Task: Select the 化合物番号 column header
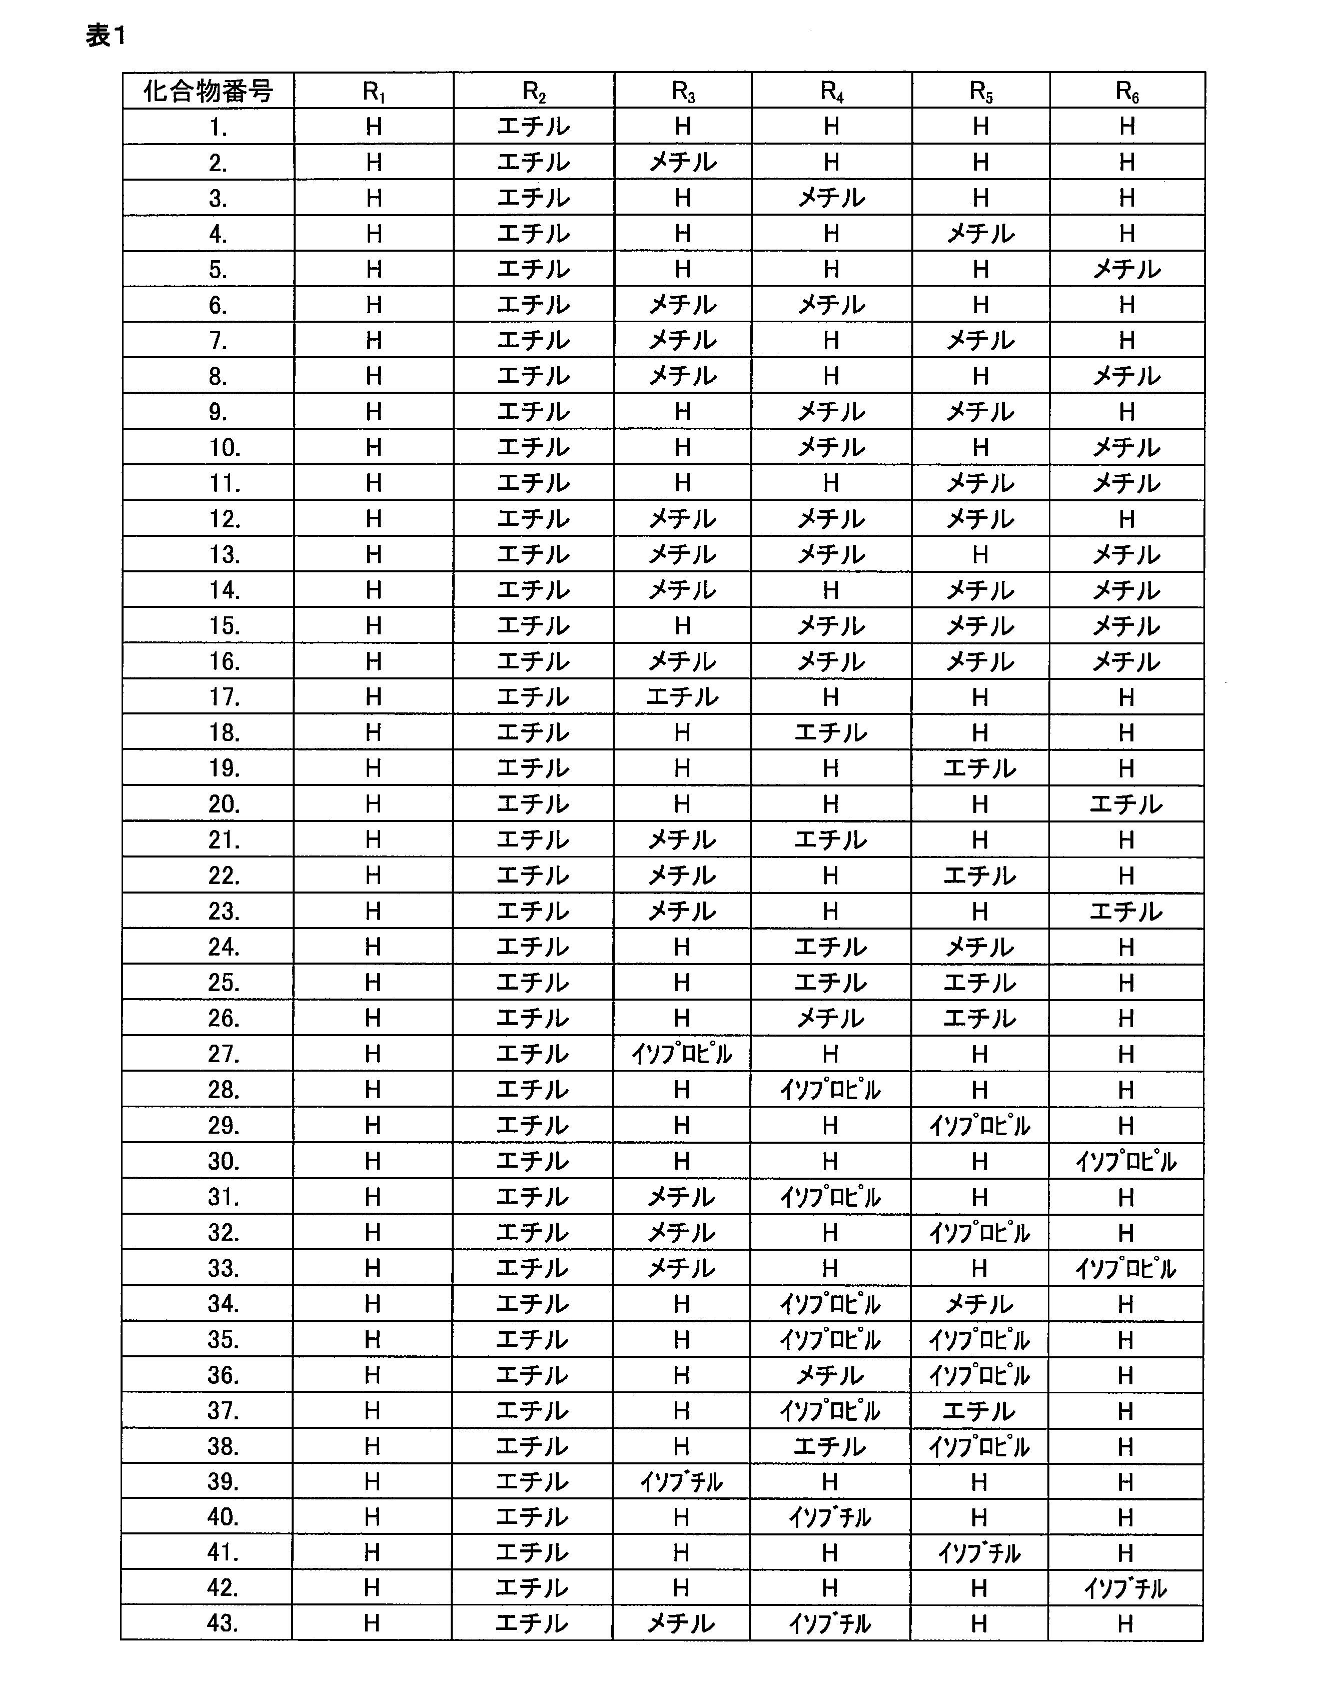point(208,91)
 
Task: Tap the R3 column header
point(683,91)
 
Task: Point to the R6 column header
point(1127,91)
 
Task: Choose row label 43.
point(222,1623)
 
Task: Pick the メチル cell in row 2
point(683,162)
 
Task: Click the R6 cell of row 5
point(1127,270)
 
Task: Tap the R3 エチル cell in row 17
point(682,697)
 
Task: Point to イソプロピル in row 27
point(682,1054)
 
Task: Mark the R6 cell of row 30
point(1126,1162)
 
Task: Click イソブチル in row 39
point(681,1481)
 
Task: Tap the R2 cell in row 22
point(533,876)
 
